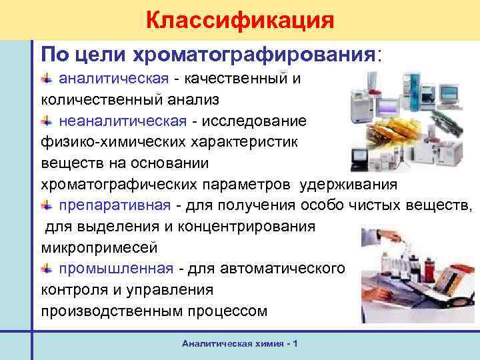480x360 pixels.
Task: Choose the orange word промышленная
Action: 117,269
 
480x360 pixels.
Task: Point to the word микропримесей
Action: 99,247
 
